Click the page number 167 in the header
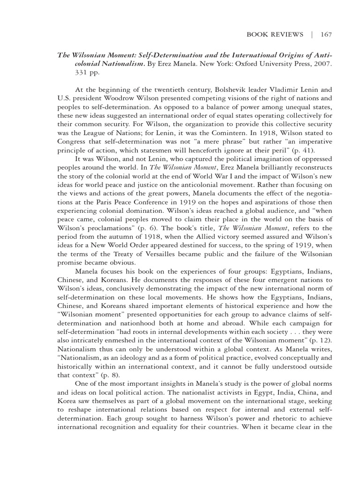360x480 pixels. coord(326,34)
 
